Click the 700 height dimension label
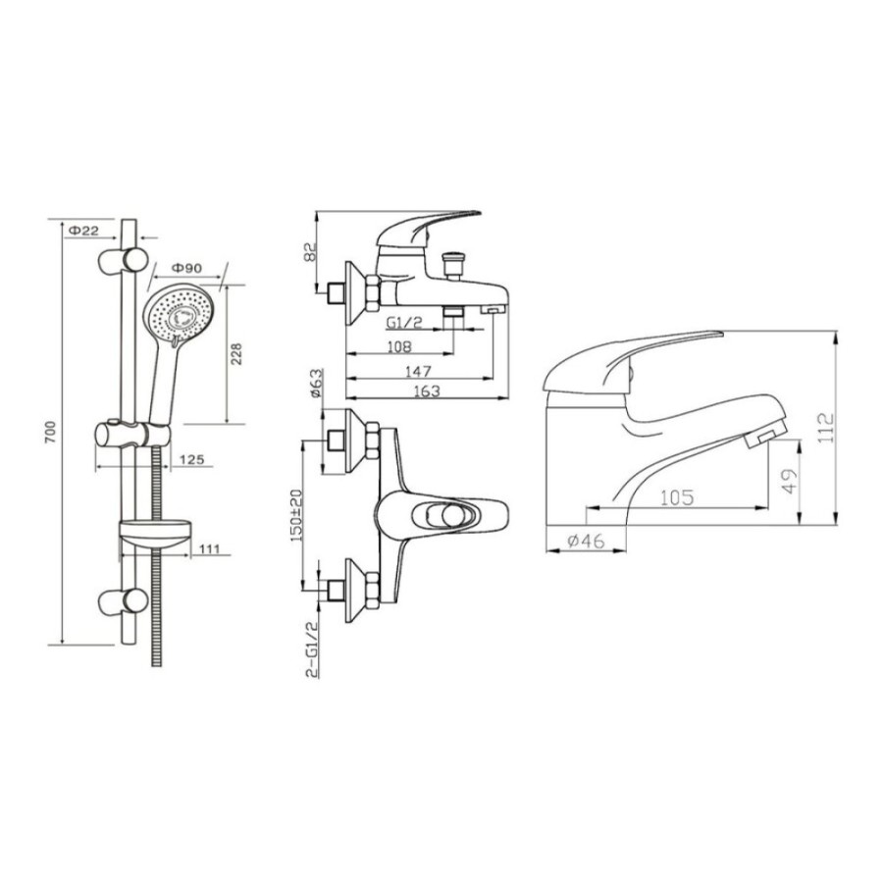[x=51, y=432]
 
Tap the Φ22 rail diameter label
[x=83, y=231]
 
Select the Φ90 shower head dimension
[x=185, y=269]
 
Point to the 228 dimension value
[x=236, y=354]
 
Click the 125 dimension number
[x=191, y=459]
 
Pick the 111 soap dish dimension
[x=209, y=548]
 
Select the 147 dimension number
[x=418, y=371]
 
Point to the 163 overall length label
[x=427, y=390]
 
